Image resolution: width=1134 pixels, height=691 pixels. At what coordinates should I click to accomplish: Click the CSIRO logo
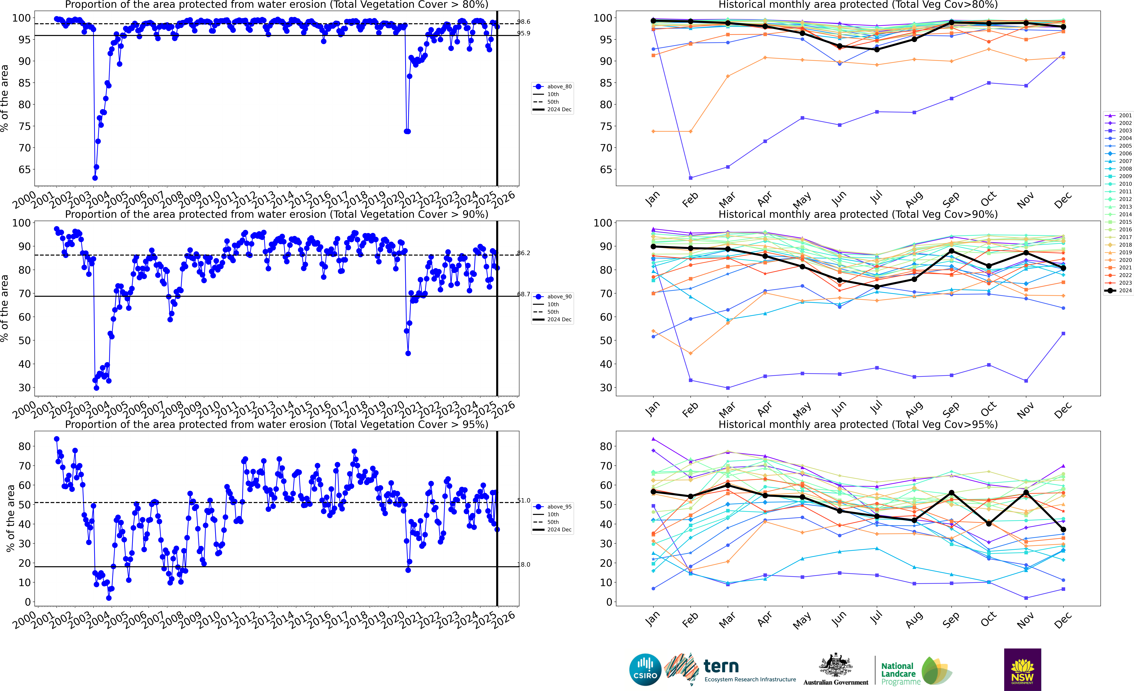point(645,669)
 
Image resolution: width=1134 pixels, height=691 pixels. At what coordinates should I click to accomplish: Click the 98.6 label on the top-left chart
point(523,22)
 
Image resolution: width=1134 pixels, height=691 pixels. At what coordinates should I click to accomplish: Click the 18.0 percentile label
point(523,564)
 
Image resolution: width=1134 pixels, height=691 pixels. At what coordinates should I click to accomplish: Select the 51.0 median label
point(523,500)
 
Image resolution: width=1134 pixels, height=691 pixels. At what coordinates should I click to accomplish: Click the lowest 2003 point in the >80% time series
point(95,178)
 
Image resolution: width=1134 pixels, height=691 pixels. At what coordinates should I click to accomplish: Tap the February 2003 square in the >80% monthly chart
point(690,178)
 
